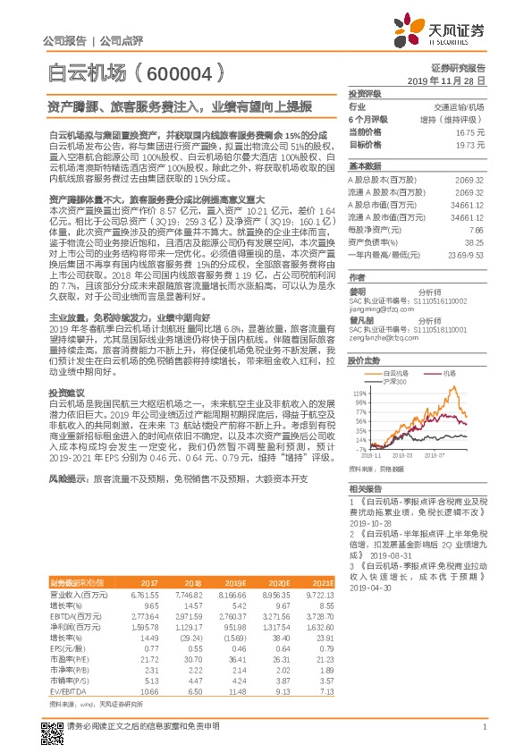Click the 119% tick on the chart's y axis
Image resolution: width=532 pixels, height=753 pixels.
tap(360, 392)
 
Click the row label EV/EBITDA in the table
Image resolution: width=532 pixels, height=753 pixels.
tap(66, 667)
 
